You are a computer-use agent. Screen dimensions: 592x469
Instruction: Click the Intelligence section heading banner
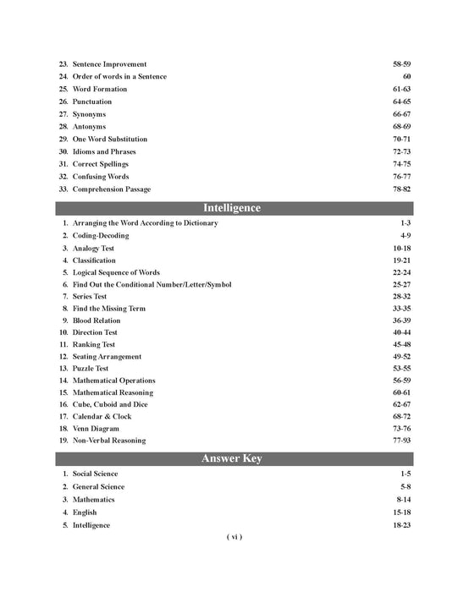point(232,208)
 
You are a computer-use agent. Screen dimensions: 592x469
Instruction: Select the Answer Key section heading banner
point(232,459)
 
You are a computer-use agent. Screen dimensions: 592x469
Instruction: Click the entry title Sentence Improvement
point(109,64)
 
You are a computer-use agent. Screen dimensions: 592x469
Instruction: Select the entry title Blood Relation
point(97,321)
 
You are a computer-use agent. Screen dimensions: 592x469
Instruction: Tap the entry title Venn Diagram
point(95,429)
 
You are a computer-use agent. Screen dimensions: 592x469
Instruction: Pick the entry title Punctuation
point(92,101)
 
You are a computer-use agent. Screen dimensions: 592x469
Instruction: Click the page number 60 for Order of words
point(406,77)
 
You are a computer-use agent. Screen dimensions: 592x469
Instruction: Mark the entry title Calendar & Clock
point(102,417)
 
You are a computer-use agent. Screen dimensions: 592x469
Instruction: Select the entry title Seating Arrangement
point(108,357)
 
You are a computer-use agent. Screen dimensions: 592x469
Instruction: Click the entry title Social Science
point(96,474)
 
